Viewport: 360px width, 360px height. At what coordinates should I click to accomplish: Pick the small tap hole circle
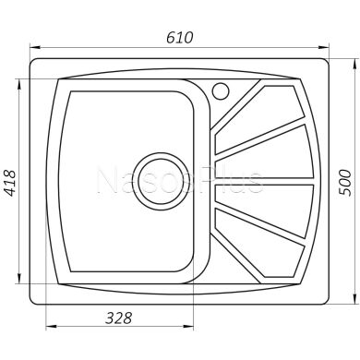pos(221,90)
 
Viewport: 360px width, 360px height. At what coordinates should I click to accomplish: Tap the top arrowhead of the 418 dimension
pos(18,81)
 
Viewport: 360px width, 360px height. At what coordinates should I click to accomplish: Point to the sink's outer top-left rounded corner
pos(36,64)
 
